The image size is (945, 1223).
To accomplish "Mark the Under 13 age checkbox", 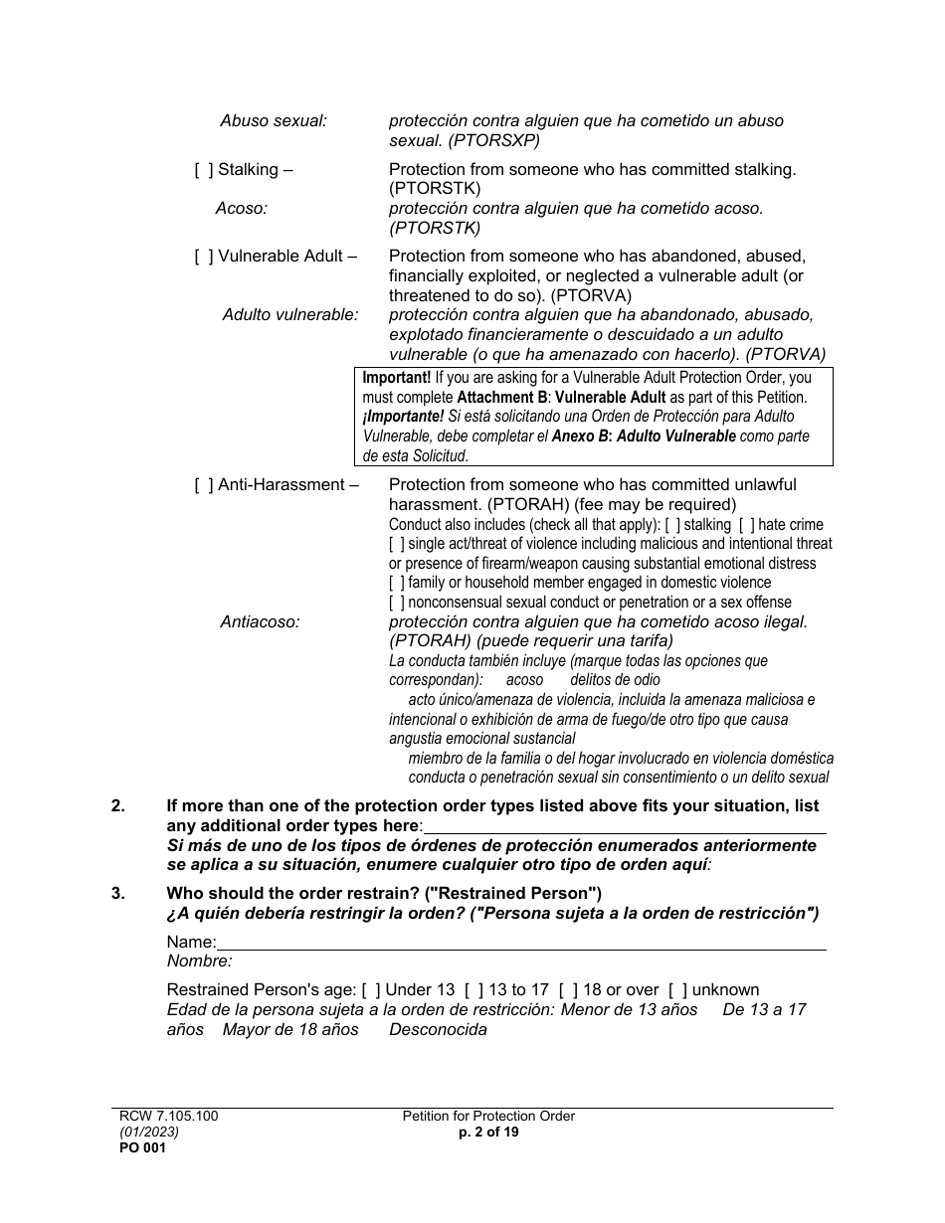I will [x=371, y=990].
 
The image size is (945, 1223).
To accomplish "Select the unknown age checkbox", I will [x=677, y=990].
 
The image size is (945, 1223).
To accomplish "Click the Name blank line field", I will [x=520, y=942].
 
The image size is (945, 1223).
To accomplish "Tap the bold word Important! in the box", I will [x=396, y=378].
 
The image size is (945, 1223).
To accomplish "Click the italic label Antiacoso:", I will [x=260, y=622].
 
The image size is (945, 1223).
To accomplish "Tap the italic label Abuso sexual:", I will [x=273, y=121].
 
